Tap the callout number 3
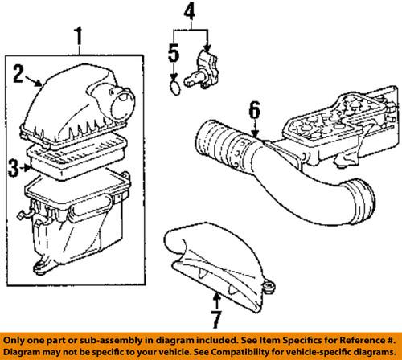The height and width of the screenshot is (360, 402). click(x=13, y=167)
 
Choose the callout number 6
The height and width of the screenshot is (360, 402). click(x=253, y=108)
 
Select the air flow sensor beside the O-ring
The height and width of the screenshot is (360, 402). click(x=207, y=70)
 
